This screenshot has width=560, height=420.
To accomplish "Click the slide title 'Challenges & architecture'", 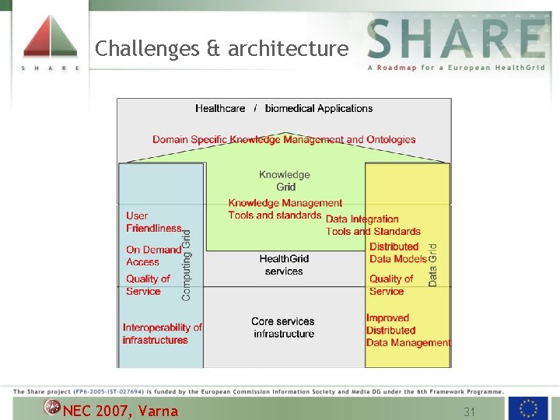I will (222, 49).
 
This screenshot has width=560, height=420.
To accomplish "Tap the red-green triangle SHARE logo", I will (50, 37).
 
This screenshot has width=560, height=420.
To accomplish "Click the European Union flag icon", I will (528, 408).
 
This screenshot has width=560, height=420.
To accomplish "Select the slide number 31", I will (469, 411).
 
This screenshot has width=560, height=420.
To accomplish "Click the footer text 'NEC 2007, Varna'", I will (121, 411).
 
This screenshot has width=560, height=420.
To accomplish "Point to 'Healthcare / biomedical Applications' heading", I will (284, 108).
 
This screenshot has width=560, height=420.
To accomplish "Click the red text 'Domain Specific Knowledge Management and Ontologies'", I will (284, 140).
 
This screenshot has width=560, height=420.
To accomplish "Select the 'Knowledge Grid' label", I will (285, 180).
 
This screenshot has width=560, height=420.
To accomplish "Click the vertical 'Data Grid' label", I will (433, 264).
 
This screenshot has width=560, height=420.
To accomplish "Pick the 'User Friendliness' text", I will (153, 222).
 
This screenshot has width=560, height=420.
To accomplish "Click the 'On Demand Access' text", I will (153, 256).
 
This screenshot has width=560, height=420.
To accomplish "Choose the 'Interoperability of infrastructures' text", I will (162, 334).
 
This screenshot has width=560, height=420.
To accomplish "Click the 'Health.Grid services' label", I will (284, 264).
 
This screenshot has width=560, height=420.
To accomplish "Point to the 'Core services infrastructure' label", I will (284, 327).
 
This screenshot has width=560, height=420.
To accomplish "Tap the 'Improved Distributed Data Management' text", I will (408, 330).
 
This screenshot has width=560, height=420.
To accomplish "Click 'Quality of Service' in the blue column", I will (148, 285).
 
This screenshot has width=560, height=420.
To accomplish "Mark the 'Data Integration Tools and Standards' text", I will (373, 225).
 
